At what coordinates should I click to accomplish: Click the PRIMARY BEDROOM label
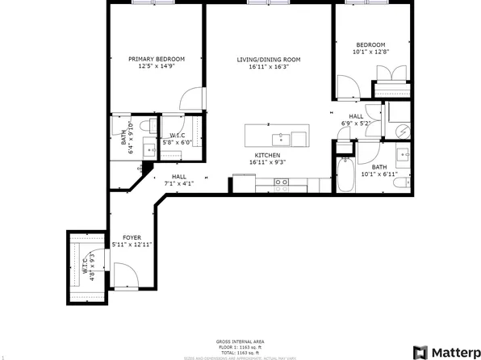pos(157,59)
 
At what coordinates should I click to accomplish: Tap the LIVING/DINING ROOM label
pos(268,59)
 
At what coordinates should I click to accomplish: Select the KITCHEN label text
pos(268,154)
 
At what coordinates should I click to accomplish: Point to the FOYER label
pos(132,237)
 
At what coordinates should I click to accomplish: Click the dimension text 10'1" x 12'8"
pos(371,52)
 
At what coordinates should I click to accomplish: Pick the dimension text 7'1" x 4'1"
pos(178,183)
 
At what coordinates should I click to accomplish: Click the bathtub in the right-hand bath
pos(345,175)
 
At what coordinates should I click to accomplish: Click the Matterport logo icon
pos(420,352)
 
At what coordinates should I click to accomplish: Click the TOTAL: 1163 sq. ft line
pos(240,352)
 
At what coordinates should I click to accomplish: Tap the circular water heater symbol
pos(401,130)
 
